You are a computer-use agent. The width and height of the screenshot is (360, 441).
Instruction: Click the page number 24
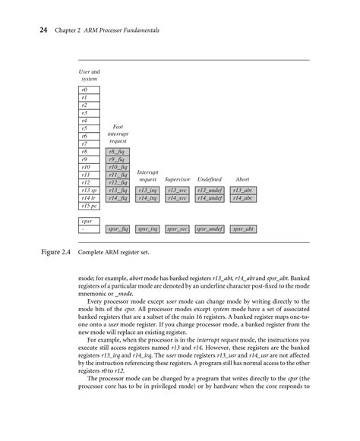point(33,30)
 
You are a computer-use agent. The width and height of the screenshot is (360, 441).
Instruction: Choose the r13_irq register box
point(147,190)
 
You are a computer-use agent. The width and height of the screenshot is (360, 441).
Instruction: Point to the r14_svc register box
point(177,197)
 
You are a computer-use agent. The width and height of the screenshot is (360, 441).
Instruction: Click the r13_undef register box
point(209,190)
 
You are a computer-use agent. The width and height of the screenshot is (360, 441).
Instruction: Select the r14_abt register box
point(242,197)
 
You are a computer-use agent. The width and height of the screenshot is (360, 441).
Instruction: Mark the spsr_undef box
point(209,228)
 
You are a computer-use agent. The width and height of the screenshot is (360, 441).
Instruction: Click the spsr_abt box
point(242,228)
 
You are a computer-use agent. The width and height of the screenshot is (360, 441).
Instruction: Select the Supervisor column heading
point(177,179)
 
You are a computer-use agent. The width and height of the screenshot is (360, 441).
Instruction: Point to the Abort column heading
point(242,179)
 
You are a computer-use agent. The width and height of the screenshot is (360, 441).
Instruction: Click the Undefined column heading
point(209,179)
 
